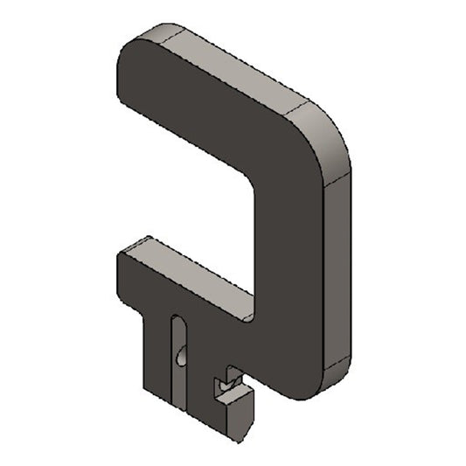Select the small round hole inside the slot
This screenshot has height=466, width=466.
point(180,356)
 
